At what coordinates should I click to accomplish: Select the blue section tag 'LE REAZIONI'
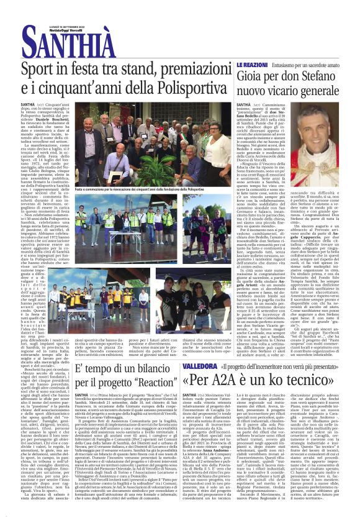[251, 65]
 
